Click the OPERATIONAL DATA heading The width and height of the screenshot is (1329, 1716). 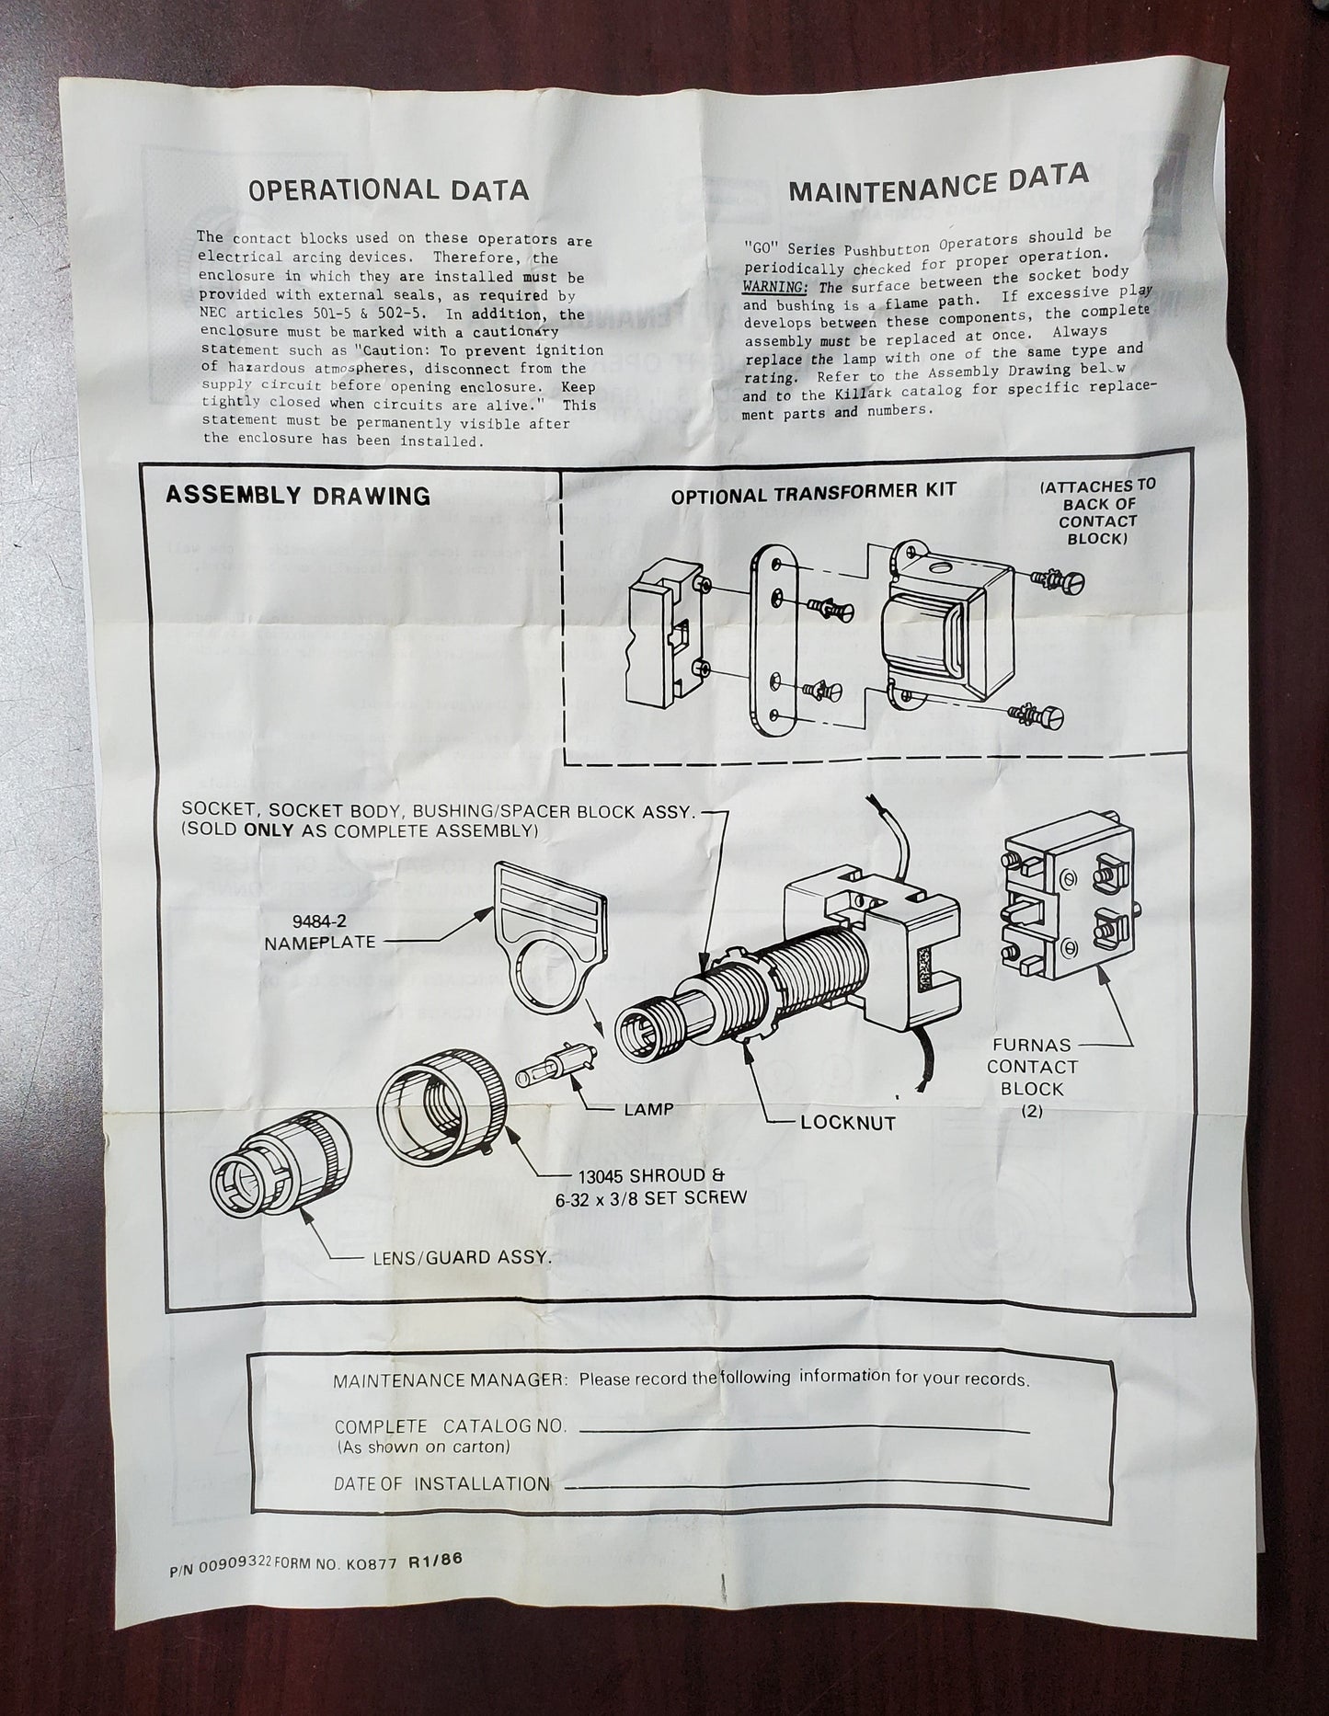point(389,190)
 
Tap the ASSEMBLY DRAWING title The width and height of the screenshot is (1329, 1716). point(297,496)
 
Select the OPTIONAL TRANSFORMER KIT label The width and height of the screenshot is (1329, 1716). point(813,493)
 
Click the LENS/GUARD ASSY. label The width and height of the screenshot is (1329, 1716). point(460,1256)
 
